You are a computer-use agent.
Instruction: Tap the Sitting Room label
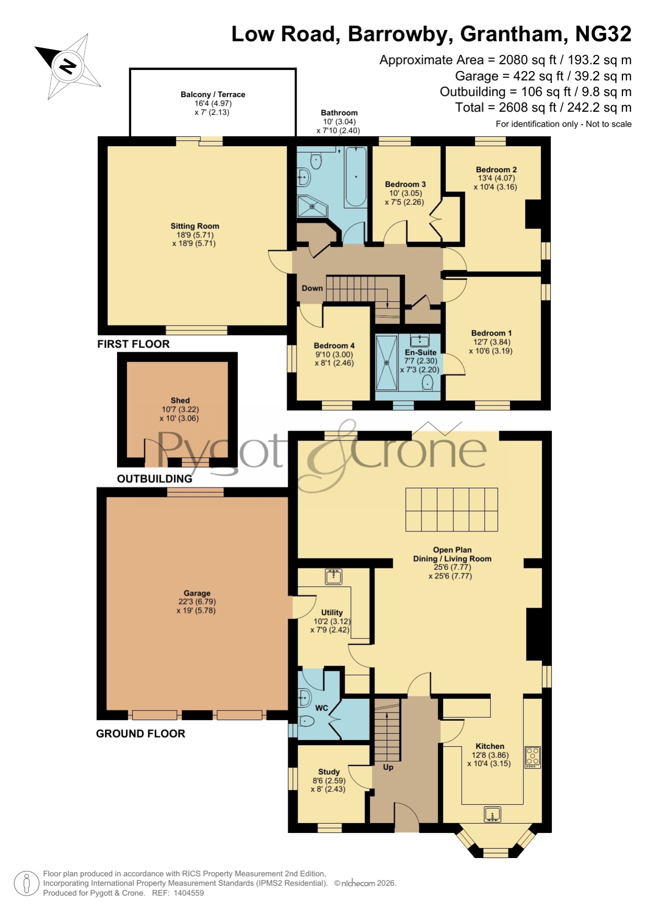(x=195, y=226)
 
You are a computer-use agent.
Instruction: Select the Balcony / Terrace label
(x=213, y=94)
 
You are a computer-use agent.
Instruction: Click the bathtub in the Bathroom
(x=355, y=177)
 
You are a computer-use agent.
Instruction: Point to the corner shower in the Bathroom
(x=312, y=206)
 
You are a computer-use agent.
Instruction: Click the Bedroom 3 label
(x=405, y=184)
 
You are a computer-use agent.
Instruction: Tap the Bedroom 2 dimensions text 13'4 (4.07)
(x=496, y=178)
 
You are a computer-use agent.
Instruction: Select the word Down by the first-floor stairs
(x=312, y=288)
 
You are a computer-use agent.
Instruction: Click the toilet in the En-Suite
(x=427, y=384)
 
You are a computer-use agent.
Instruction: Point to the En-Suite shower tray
(x=387, y=363)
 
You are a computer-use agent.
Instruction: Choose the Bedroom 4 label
(x=334, y=346)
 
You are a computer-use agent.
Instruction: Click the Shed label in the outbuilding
(x=180, y=400)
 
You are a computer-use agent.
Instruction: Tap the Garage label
(x=197, y=593)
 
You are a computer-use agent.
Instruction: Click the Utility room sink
(x=334, y=576)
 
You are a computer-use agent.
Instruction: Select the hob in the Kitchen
(x=533, y=757)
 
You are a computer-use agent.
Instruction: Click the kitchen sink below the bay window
(x=492, y=814)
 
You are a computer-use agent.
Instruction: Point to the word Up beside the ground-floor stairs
(x=388, y=767)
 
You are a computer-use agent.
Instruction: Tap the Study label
(x=329, y=771)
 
